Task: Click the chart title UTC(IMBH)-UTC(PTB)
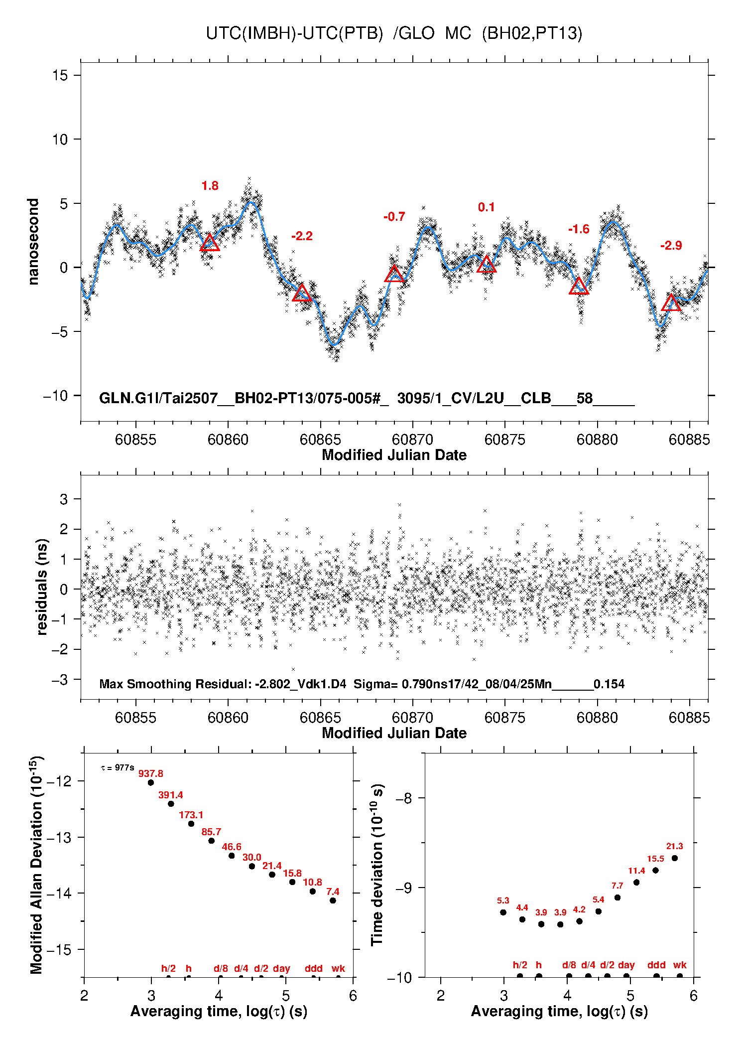294,33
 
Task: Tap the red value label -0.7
394,217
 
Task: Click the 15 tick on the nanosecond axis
60,75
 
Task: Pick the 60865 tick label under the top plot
320,440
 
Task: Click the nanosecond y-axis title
33,242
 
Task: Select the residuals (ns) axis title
42,587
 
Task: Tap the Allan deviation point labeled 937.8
151,782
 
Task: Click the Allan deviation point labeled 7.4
333,900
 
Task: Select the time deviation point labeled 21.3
675,858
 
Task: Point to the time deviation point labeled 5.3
503,912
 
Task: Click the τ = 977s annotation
118,768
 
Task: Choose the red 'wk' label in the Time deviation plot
680,965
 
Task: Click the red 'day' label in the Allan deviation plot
281,968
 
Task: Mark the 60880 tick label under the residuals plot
597,718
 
